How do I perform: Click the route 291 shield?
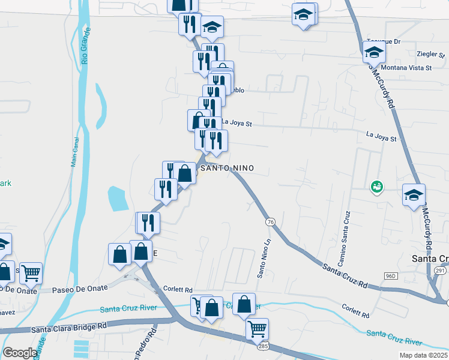pyautogui.click(x=440, y=271)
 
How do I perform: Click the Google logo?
pyautogui.click(x=20, y=352)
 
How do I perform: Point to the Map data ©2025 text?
pyautogui.click(x=423, y=355)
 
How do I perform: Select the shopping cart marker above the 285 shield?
pyautogui.click(x=257, y=328)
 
